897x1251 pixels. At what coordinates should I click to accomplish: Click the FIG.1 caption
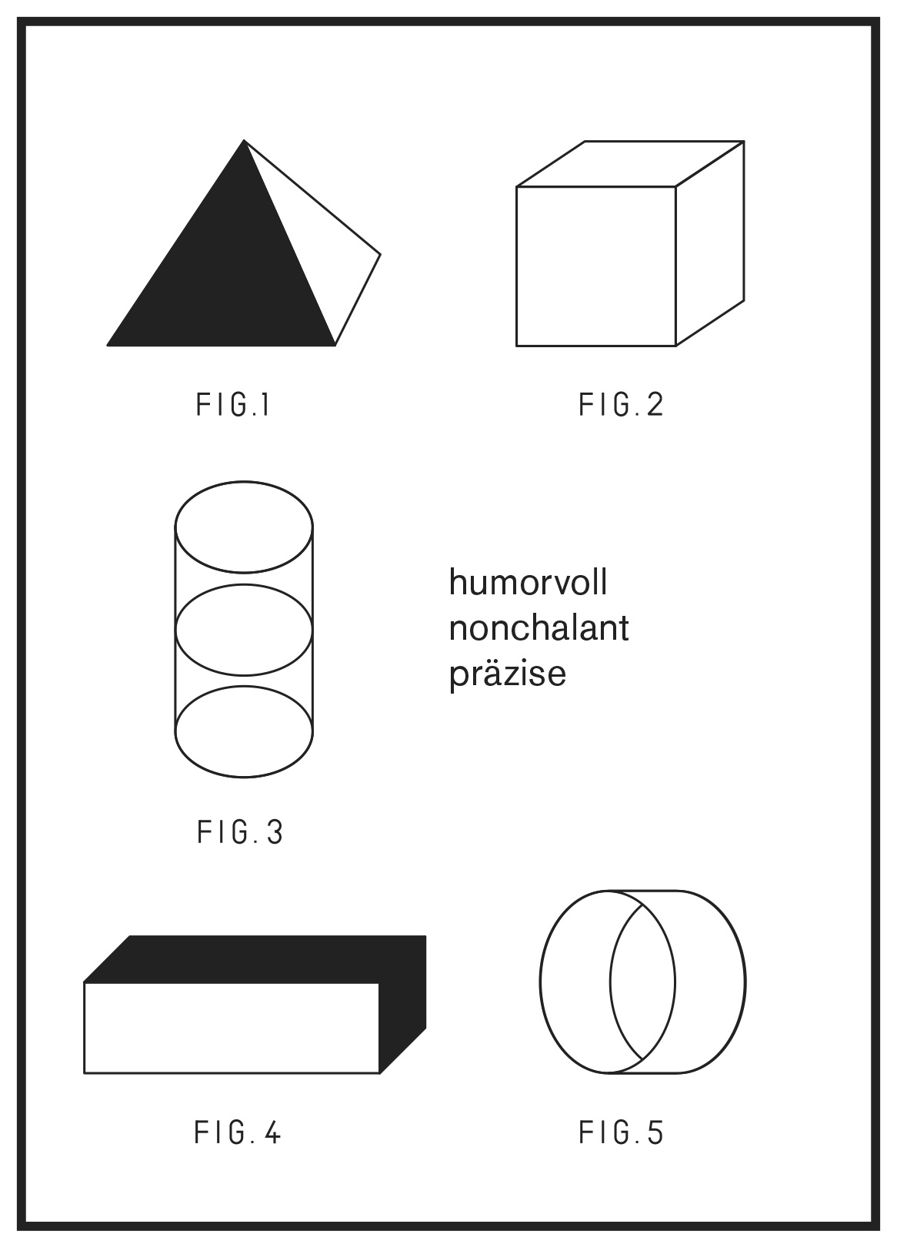pyautogui.click(x=233, y=405)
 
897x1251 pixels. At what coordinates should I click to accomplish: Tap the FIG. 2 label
pyautogui.click(x=622, y=405)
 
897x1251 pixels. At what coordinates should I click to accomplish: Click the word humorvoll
pyautogui.click(x=528, y=583)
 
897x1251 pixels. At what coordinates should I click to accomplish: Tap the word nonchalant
pyautogui.click(x=539, y=628)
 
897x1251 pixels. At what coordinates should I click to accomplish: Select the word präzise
pyautogui.click(x=508, y=675)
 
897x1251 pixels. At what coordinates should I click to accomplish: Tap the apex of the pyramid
pyautogui.click(x=244, y=140)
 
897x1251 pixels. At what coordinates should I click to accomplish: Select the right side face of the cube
pyautogui.click(x=710, y=243)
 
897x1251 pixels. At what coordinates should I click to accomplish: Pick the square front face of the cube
pyautogui.click(x=596, y=266)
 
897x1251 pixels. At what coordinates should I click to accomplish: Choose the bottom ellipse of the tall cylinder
pyautogui.click(x=244, y=777)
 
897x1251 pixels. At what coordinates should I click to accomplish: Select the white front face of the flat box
pyautogui.click(x=232, y=1028)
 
